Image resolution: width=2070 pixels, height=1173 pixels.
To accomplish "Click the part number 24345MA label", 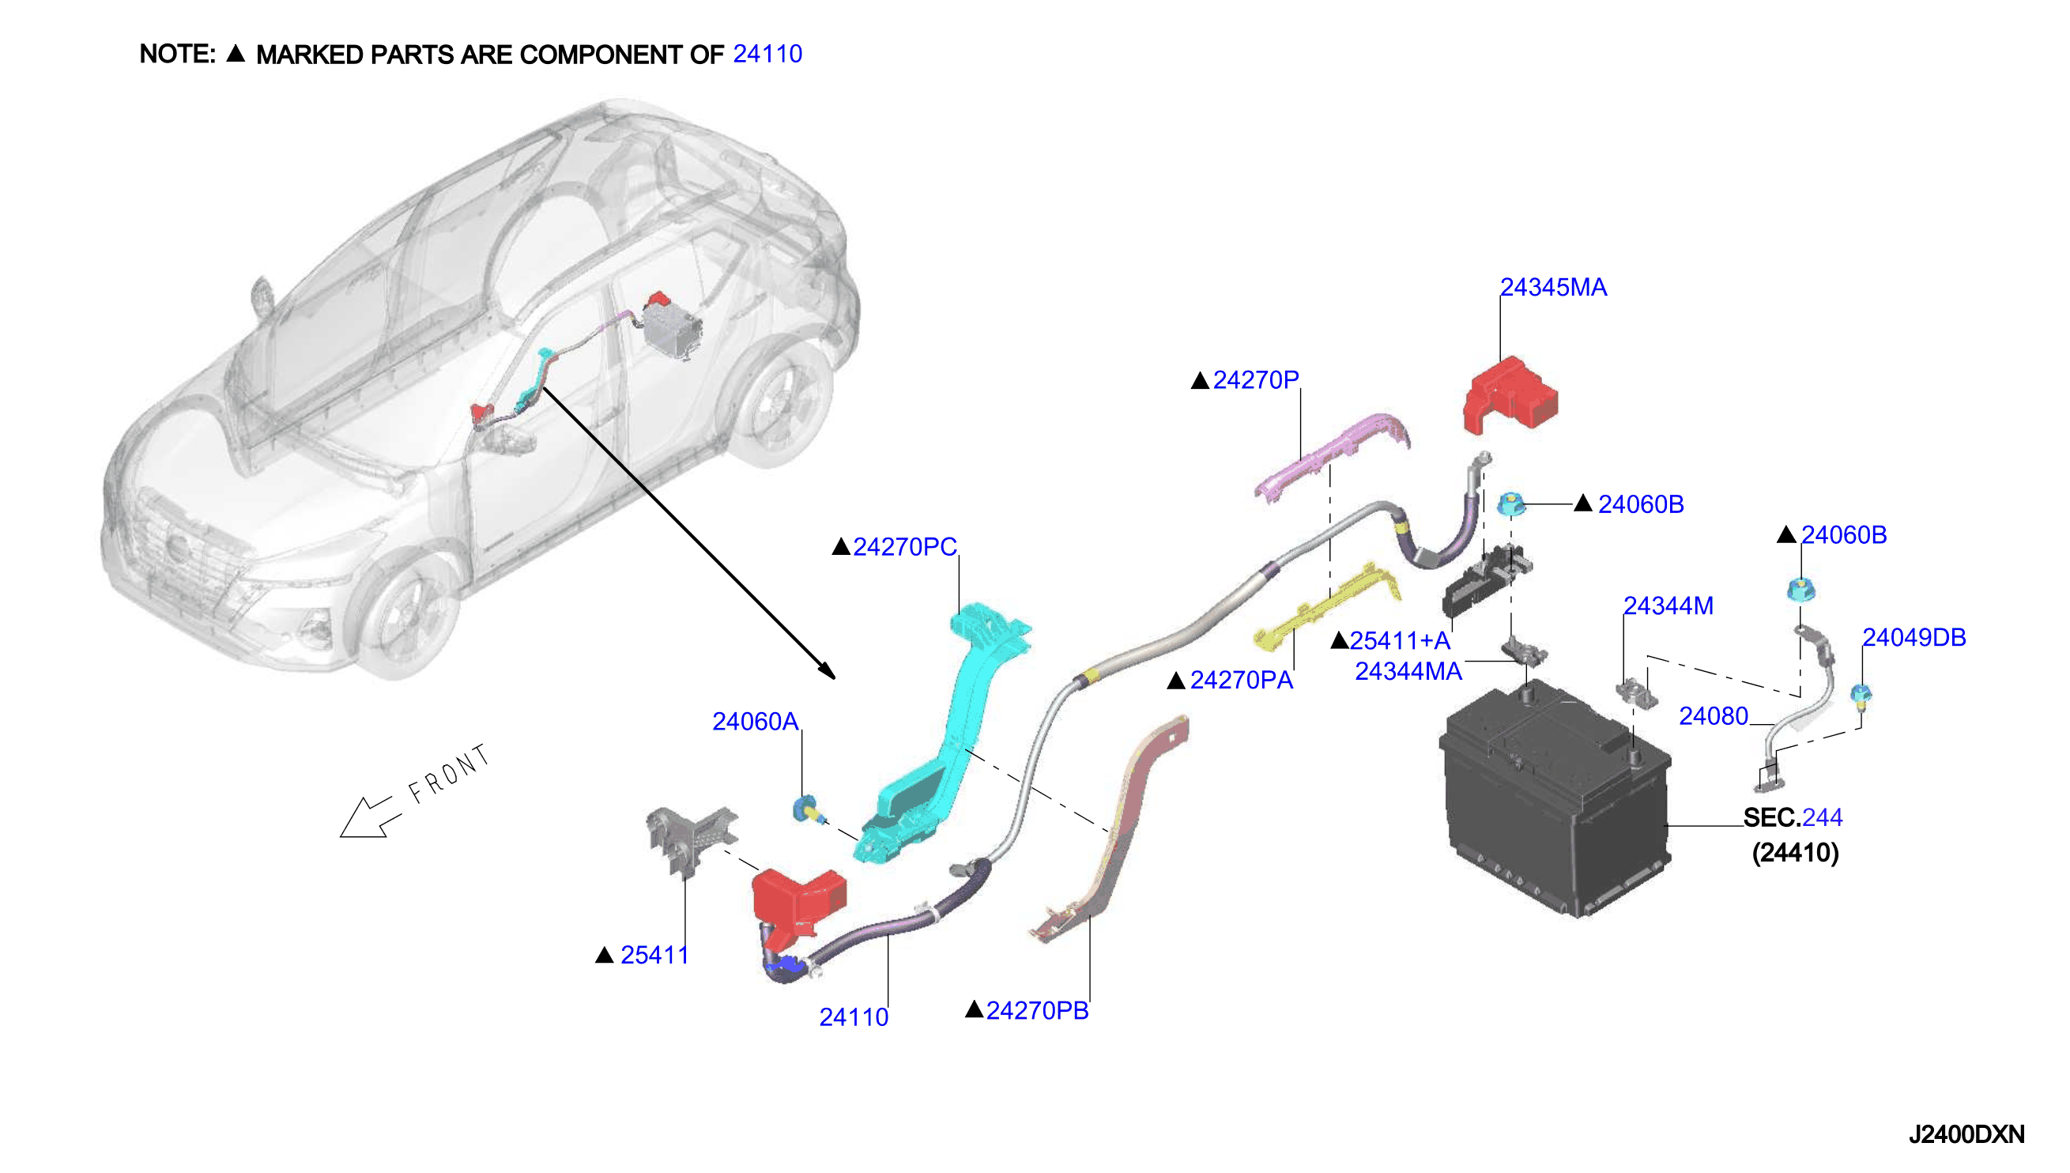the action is coord(1552,288).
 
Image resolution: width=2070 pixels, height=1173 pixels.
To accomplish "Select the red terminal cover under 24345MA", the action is coord(1510,395).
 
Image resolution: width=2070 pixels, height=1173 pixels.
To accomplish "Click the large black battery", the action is coord(1555,798).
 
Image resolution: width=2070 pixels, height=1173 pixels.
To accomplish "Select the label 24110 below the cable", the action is coord(854,1017).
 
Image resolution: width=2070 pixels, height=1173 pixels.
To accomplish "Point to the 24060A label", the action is coord(755,721).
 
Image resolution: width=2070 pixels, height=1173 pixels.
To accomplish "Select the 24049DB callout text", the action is coord(1914,637).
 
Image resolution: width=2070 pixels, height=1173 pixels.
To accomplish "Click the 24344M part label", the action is coord(1668,605).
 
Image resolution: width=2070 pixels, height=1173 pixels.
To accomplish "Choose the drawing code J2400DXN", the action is coord(1967,1134).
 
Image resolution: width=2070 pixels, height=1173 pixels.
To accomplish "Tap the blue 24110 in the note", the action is coord(767,54).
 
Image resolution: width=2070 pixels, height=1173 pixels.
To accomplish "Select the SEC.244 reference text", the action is coord(1793,818).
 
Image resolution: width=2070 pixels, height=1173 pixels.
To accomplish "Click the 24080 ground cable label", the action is coord(1714,716).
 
